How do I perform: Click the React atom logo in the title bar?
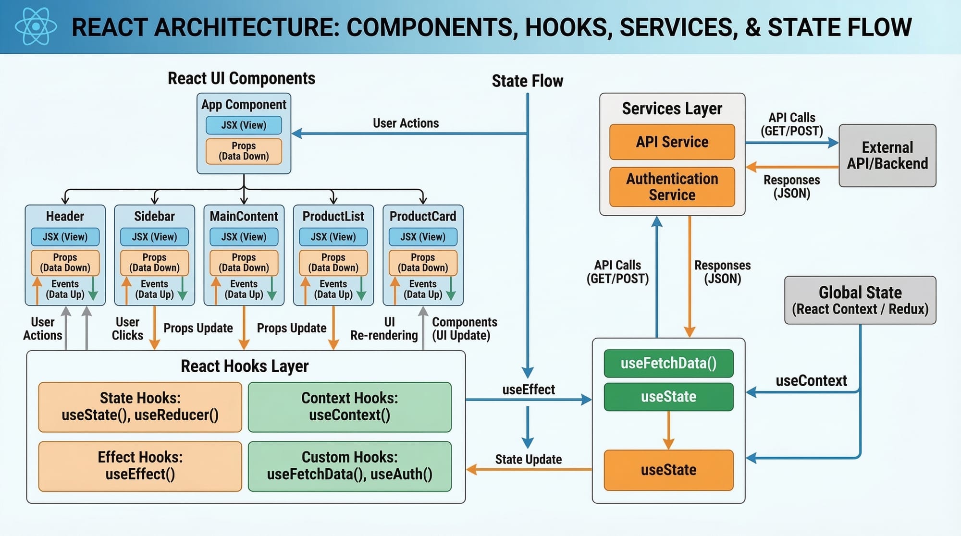click(x=36, y=26)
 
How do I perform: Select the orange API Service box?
click(x=672, y=142)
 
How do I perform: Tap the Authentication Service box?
click(x=672, y=187)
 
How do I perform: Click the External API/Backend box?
click(x=887, y=156)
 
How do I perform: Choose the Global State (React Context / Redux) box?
click(x=860, y=300)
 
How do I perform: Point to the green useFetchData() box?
click(x=668, y=364)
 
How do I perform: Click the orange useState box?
click(x=668, y=470)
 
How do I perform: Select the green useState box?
click(x=668, y=397)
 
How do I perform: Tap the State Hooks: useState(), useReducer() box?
click(x=140, y=407)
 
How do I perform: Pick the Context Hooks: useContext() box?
click(x=349, y=407)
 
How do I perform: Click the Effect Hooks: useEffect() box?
click(x=140, y=466)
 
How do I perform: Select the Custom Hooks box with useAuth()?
click(x=349, y=466)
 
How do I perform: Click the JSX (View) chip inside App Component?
click(x=244, y=125)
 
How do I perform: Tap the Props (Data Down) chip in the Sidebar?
click(x=154, y=263)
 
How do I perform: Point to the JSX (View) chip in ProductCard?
click(x=423, y=237)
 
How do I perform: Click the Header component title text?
click(x=65, y=217)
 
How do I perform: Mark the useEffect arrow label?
click(x=529, y=390)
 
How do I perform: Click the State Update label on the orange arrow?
click(x=529, y=460)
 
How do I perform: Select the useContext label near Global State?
click(x=811, y=381)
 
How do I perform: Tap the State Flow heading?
click(x=527, y=81)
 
